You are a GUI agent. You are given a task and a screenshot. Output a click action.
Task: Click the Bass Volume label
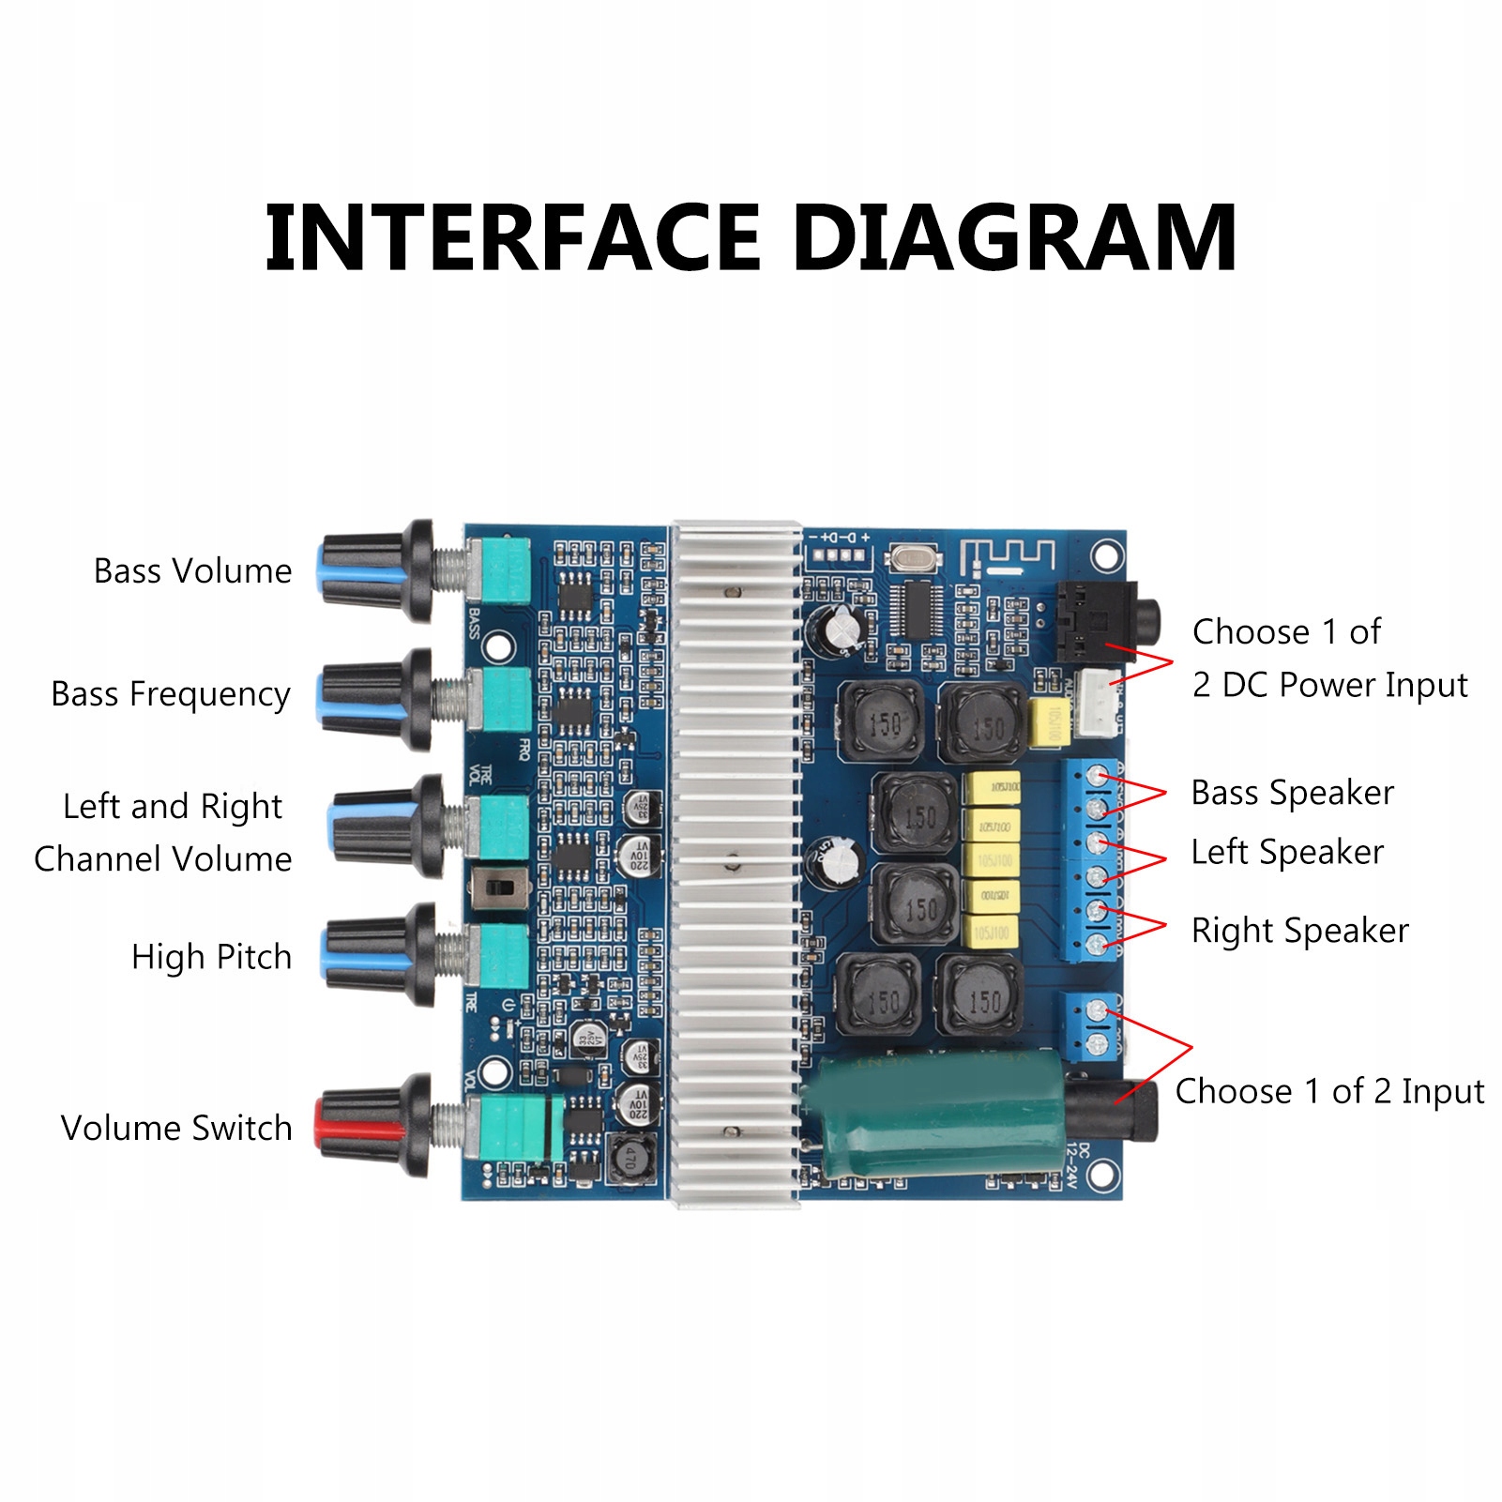(192, 570)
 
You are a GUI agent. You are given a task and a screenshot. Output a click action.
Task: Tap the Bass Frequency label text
(171, 694)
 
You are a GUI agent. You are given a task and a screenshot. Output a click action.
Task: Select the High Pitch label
(211, 957)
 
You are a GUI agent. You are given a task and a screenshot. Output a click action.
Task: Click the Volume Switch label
(176, 1128)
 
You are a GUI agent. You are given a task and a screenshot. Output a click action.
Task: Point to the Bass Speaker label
(1292, 793)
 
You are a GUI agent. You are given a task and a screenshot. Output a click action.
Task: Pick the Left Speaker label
(1287, 852)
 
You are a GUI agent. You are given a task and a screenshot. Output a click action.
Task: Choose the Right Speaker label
(1299, 931)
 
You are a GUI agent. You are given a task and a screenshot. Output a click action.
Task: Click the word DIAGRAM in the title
(1015, 238)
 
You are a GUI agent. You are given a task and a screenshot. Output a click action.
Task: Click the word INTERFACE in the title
(512, 238)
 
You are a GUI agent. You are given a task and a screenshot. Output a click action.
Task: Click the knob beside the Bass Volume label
(375, 569)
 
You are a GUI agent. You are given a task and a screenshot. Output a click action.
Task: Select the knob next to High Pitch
(380, 952)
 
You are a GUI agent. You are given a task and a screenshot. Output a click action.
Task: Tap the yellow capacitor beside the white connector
(1048, 722)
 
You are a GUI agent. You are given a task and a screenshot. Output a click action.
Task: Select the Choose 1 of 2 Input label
(1329, 1091)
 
